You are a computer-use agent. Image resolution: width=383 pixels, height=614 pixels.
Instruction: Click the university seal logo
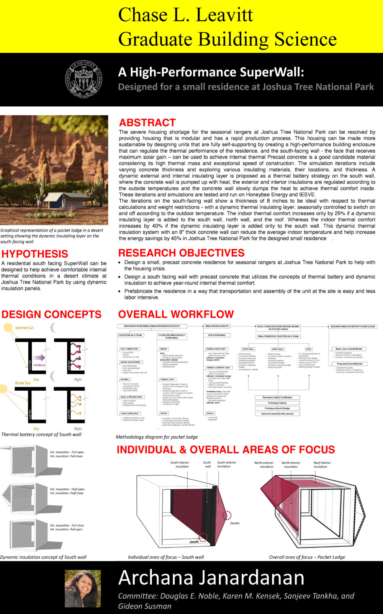click(83, 79)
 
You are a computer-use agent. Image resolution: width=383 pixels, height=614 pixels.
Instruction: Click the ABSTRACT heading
click(147, 123)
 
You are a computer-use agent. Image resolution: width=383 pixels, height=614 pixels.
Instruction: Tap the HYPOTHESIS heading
click(34, 254)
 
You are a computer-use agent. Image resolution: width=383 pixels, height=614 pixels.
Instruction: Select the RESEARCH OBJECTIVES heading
click(181, 253)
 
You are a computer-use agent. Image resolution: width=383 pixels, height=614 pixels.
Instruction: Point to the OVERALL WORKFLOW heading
click(176, 314)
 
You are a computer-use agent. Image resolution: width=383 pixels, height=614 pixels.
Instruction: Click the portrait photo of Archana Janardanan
click(83, 588)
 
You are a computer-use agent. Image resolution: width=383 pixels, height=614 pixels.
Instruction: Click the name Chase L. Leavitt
click(185, 15)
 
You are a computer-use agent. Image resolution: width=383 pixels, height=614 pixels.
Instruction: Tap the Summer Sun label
click(25, 328)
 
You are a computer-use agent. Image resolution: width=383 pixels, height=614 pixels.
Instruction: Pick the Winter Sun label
click(23, 383)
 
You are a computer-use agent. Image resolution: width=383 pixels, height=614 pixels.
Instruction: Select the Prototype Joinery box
click(277, 403)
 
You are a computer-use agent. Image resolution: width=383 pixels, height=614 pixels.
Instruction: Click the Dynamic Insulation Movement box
click(277, 414)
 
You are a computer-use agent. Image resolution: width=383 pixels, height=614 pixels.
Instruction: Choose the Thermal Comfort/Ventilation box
click(277, 398)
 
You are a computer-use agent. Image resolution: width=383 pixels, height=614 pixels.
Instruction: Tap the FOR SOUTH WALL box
click(217, 335)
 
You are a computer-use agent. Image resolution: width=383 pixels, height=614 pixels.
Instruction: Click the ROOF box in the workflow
click(309, 349)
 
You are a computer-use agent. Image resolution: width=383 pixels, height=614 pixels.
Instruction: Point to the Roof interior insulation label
click(322, 465)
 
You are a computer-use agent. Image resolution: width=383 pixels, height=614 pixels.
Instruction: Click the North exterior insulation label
click(264, 465)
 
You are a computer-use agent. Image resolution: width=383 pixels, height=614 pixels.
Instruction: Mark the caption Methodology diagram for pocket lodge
click(157, 437)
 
